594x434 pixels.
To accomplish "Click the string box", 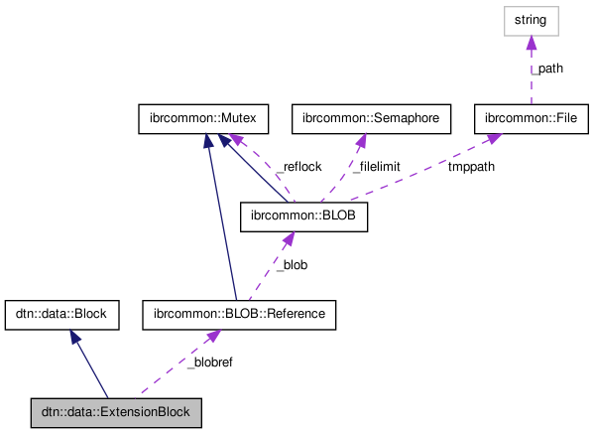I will tap(531, 19).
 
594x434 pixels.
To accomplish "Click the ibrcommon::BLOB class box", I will tap(304, 217).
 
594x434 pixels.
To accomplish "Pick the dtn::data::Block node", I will tap(62, 315).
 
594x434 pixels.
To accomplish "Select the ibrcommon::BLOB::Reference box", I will tap(239, 315).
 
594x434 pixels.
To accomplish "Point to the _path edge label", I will tap(548, 69).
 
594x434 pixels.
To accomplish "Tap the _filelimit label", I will tap(376, 167).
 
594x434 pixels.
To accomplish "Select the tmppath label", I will tap(471, 167).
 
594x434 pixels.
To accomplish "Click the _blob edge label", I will tap(292, 265).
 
